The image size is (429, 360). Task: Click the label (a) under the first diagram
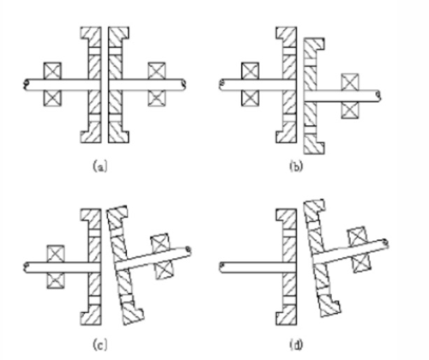[x=100, y=166]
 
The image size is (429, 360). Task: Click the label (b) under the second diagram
[x=296, y=166]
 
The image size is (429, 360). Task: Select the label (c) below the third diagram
[x=100, y=345]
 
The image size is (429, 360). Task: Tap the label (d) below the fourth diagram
[x=296, y=345]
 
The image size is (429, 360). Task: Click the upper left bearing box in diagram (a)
[x=52, y=70]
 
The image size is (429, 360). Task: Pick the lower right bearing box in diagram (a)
[x=157, y=99]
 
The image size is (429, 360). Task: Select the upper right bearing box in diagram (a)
[x=157, y=70]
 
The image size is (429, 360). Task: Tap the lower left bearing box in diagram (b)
[x=251, y=99]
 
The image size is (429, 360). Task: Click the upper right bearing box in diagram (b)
[x=350, y=82]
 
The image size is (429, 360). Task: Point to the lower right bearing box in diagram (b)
[x=350, y=110]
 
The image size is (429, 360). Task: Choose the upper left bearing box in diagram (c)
[x=56, y=254]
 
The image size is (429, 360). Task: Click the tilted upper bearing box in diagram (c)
[x=160, y=243]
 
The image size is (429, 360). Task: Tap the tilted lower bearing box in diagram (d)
[x=362, y=263]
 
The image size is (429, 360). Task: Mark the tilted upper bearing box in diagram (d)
[x=357, y=237]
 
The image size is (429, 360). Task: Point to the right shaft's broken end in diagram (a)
[x=184, y=85]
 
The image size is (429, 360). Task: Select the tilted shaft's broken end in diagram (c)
[x=189, y=250]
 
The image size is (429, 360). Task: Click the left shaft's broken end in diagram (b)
[x=222, y=85]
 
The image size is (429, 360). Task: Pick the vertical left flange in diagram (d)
[x=287, y=267]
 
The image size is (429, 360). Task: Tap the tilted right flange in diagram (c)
[x=124, y=265]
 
